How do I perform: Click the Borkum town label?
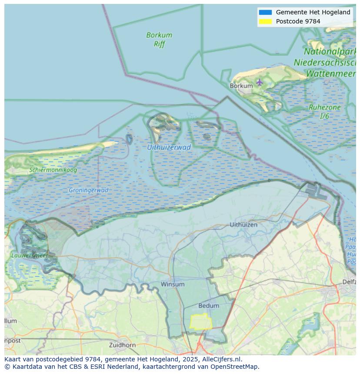(241, 86)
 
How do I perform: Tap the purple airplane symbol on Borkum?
(260, 82)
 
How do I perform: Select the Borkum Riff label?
(159, 39)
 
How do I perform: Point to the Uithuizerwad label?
(169, 147)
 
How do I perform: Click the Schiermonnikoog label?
(53, 170)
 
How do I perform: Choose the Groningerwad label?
(88, 190)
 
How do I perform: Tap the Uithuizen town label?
(243, 225)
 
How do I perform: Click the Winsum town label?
(173, 284)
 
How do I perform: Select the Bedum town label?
(208, 306)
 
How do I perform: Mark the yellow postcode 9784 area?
(201, 322)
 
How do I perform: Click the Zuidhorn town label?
(123, 345)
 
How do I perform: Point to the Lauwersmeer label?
(30, 255)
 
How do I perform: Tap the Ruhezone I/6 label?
(324, 112)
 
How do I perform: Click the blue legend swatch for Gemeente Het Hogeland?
(265, 13)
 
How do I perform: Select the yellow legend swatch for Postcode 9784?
(265, 21)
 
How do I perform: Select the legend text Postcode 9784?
(298, 21)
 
